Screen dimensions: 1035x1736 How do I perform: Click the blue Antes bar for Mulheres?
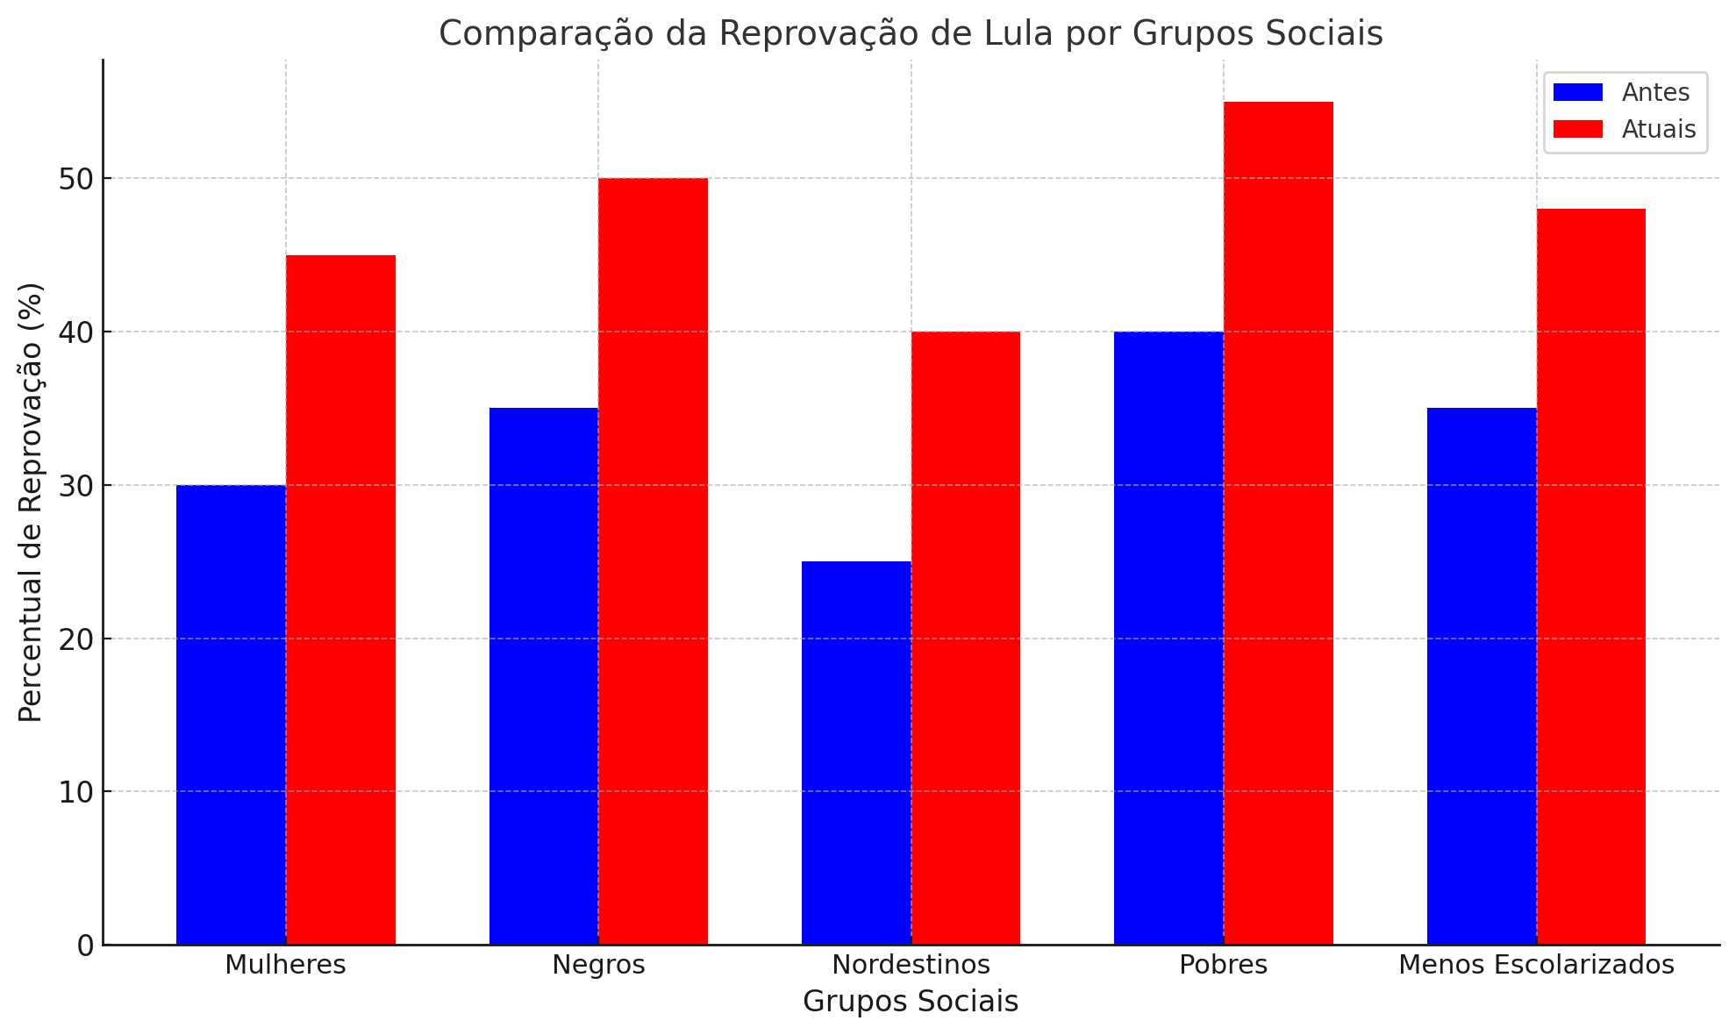(231, 715)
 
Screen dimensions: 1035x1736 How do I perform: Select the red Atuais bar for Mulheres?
(340, 600)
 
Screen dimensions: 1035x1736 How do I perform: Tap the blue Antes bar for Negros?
(544, 676)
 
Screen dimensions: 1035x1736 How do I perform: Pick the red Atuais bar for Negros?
(653, 561)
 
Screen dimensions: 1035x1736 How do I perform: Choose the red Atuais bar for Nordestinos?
(966, 638)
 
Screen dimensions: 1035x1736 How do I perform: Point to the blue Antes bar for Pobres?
(1168, 638)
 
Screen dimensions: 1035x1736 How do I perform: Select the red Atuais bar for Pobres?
(1278, 523)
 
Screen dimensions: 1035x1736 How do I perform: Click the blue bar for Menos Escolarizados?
(1482, 676)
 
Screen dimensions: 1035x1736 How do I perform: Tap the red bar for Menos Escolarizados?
(1590, 576)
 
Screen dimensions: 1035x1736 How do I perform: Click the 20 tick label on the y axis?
(76, 639)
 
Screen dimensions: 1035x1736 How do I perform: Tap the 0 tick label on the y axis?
(85, 946)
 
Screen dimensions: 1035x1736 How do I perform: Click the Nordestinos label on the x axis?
(911, 965)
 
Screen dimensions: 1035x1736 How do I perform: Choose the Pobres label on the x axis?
(1223, 965)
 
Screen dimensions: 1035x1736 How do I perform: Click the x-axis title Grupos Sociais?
(911, 1002)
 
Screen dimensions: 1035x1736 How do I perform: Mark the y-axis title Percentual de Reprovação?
(31, 502)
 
